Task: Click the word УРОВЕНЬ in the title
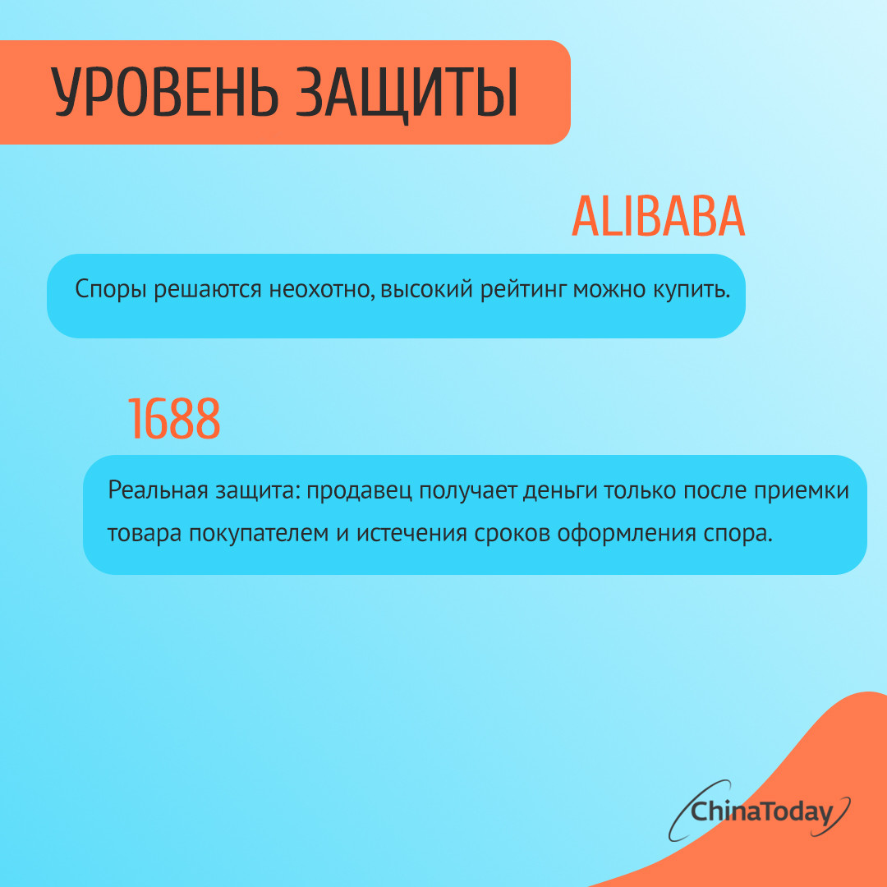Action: [164, 92]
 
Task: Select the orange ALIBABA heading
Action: [658, 217]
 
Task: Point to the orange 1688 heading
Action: [173, 418]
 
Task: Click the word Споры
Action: [112, 290]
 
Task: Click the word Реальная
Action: [157, 490]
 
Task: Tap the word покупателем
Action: [259, 534]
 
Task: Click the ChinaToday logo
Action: [759, 811]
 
